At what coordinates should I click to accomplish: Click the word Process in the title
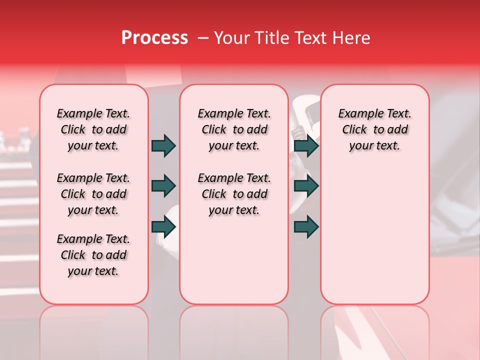click(x=154, y=38)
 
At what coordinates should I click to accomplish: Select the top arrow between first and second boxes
click(x=163, y=145)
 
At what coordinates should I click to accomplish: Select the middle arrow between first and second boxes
click(x=163, y=186)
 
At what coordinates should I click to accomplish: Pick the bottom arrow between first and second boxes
click(x=163, y=226)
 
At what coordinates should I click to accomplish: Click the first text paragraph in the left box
click(x=93, y=129)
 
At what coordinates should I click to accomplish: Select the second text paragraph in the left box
click(x=93, y=194)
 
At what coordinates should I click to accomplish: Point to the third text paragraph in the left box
click(x=93, y=255)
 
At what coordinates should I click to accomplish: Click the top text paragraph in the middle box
click(x=234, y=129)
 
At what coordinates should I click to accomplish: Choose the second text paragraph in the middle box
click(x=234, y=194)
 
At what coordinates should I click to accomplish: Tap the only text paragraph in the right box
click(x=374, y=129)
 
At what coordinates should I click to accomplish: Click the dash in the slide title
click(x=203, y=38)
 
